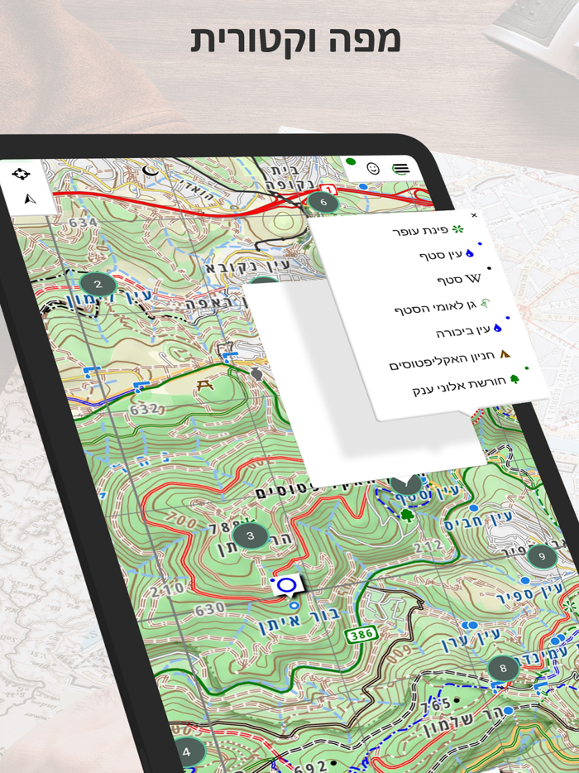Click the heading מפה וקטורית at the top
(x=295, y=40)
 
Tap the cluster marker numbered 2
(x=98, y=285)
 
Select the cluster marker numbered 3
(x=250, y=535)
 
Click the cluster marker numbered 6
(x=323, y=201)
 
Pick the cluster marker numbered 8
(x=502, y=667)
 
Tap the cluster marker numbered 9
(x=542, y=556)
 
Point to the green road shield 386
(x=361, y=634)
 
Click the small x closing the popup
(x=474, y=215)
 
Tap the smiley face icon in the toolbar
(x=372, y=168)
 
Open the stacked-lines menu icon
(x=401, y=169)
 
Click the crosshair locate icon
(x=21, y=174)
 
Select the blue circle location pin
(x=287, y=585)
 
